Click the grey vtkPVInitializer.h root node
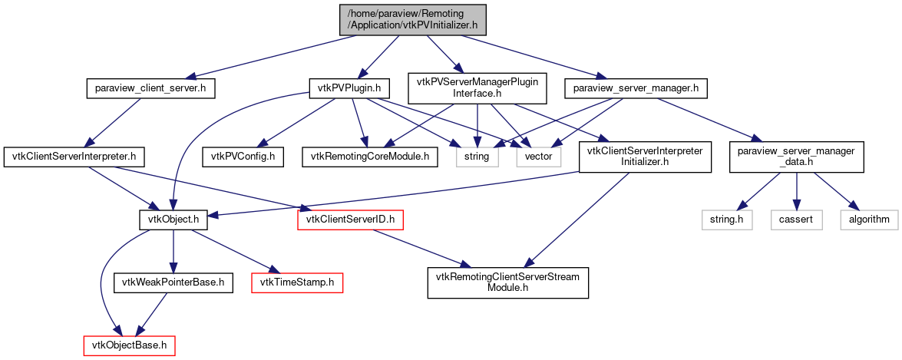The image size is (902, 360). tap(413, 18)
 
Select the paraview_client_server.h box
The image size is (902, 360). tap(150, 88)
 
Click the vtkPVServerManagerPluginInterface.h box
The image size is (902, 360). tap(477, 88)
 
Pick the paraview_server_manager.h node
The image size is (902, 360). tap(635, 88)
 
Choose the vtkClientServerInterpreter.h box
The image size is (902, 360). tap(74, 157)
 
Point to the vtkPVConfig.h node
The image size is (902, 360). tap(243, 157)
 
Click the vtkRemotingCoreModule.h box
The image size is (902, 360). tap(370, 157)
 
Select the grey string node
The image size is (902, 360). tap(477, 157)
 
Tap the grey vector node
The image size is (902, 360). tap(538, 157)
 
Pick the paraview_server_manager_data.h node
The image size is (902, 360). tap(796, 157)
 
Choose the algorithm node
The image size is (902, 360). tap(868, 220)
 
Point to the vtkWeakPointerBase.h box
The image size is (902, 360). tap(172, 282)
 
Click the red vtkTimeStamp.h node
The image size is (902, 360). tap(297, 282)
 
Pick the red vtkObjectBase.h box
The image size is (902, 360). tap(129, 345)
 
